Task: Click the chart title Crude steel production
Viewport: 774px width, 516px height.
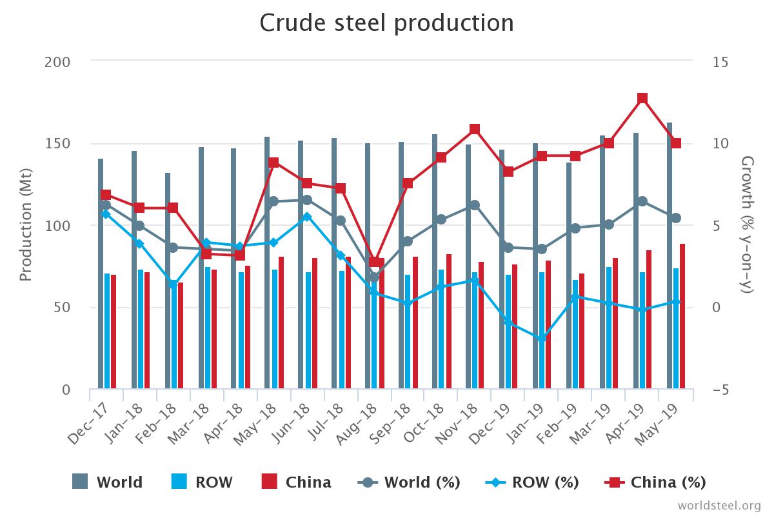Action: [386, 23]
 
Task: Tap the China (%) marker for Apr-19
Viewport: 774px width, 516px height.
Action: [642, 99]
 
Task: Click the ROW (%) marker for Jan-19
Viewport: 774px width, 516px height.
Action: [542, 338]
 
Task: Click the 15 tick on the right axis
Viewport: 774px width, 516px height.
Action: [721, 62]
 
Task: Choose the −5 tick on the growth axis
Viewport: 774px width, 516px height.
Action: [720, 390]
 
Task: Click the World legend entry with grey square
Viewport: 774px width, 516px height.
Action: [107, 482]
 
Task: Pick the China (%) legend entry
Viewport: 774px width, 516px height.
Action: [655, 482]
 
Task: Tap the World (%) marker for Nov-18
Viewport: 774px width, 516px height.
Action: [475, 205]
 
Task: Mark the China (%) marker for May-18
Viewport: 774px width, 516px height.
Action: [273, 163]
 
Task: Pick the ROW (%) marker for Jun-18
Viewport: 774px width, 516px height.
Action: [307, 217]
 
